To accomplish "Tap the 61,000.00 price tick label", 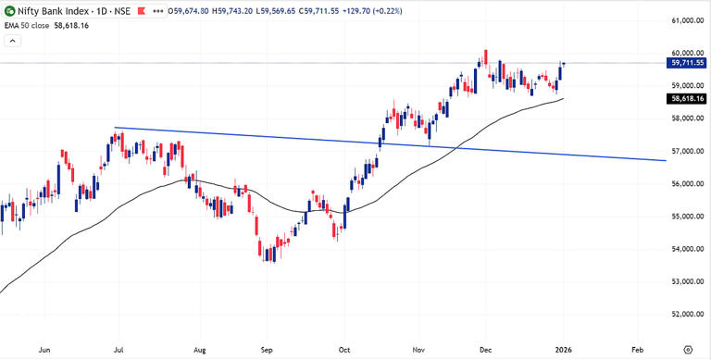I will (684, 20).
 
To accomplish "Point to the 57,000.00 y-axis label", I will (684, 151).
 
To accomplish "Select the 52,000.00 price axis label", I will (684, 314).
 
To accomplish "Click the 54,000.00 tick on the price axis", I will (684, 249).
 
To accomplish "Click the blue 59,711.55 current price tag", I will (686, 63).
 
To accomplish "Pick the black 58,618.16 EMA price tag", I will (686, 98).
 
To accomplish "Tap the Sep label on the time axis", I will (267, 351).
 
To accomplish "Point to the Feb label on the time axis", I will (638, 351).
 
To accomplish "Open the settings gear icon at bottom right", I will (686, 351).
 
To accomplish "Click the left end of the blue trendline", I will (115, 128).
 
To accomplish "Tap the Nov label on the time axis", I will (418, 351).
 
